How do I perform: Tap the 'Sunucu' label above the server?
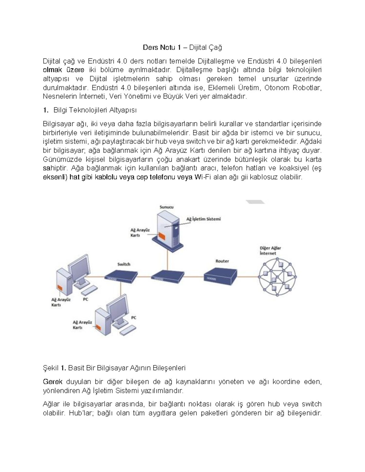coord(167,207)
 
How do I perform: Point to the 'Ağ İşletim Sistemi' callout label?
coord(203,219)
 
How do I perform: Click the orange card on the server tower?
coord(162,236)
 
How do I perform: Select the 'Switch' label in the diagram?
coord(124,264)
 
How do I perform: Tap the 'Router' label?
coord(222,261)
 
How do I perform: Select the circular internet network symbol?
coord(277,277)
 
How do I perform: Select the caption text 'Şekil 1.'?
coord(54,368)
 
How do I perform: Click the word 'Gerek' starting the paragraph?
coord(53,382)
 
